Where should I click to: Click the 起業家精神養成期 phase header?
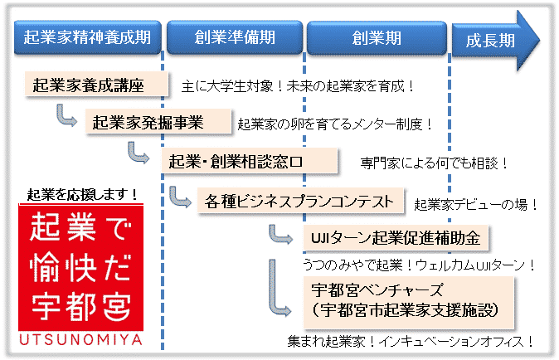pos(88,37)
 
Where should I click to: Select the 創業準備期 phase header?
pos(235,37)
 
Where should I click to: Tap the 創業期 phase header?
pos(377,38)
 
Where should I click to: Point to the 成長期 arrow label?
pos(490,41)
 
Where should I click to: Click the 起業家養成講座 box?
pos(96,85)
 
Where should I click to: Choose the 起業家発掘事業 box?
pos(158,122)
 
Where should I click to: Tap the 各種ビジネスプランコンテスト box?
pos(300,201)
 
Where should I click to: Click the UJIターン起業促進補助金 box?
pos(396,238)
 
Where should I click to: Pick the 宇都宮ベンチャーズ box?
pos(408,302)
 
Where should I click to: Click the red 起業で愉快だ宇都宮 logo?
pos(81,267)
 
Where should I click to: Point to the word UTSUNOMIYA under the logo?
pos(81,340)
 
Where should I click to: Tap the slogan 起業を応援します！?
pos(82,194)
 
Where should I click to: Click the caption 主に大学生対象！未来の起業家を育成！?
pos(297,86)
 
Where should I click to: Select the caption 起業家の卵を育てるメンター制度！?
pos(335,124)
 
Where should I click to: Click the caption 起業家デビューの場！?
pos(476,205)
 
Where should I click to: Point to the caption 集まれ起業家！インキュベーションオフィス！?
pos(411,342)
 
